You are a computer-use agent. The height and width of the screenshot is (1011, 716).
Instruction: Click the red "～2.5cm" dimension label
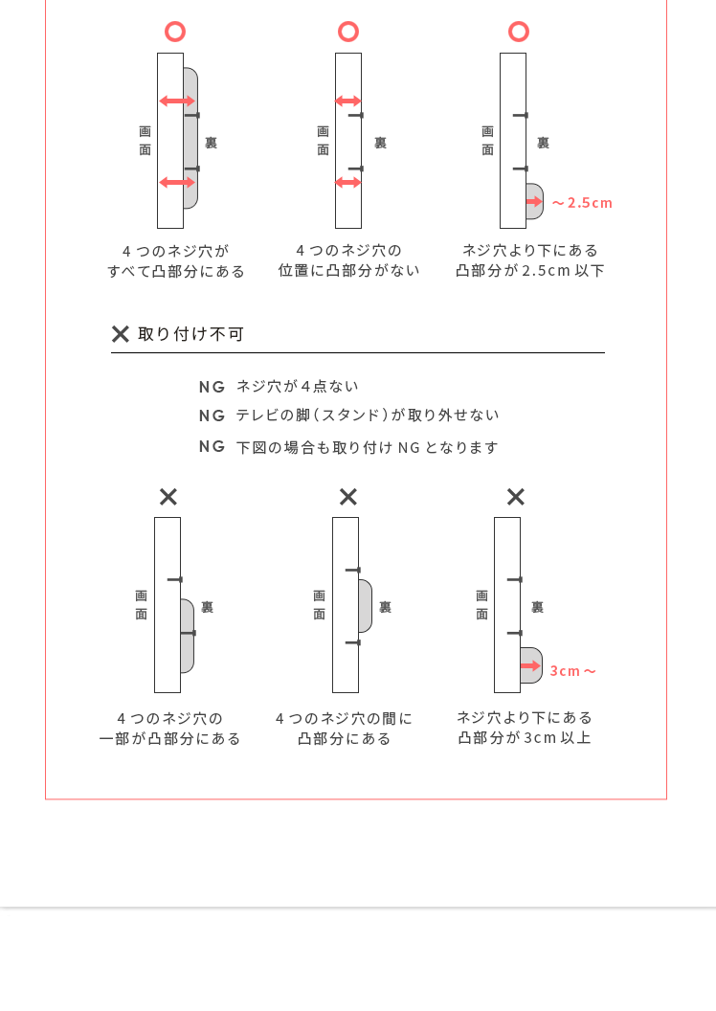(x=582, y=203)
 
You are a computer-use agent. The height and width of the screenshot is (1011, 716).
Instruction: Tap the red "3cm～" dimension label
(x=573, y=671)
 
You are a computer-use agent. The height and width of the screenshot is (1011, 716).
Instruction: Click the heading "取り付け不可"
(x=190, y=334)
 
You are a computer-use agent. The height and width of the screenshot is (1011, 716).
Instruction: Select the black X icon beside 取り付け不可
(x=121, y=334)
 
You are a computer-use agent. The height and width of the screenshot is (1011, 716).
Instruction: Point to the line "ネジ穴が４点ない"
(x=297, y=386)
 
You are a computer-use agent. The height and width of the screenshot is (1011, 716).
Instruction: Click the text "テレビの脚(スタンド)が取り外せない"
(x=368, y=416)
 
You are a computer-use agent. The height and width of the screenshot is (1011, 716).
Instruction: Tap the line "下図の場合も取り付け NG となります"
(x=368, y=447)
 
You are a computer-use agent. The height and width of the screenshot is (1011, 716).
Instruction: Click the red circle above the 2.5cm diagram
(x=519, y=32)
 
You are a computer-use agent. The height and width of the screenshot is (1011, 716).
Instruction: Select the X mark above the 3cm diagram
(x=516, y=497)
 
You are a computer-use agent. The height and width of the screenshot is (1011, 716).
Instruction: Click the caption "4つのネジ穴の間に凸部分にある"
(x=344, y=729)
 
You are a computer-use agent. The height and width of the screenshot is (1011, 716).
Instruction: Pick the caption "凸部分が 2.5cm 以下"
(x=529, y=271)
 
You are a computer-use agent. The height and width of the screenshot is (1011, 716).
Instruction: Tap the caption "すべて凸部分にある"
(x=176, y=272)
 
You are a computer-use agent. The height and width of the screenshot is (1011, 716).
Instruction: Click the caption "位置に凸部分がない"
(x=348, y=270)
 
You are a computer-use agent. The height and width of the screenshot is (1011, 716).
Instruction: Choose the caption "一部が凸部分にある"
(x=169, y=739)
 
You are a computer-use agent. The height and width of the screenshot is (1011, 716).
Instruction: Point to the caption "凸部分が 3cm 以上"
(x=525, y=737)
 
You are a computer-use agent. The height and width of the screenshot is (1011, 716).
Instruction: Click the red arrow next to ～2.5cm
(x=534, y=202)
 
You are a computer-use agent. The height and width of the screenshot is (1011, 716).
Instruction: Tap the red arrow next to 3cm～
(x=531, y=665)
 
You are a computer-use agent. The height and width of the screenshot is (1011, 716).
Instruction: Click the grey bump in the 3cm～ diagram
(x=531, y=665)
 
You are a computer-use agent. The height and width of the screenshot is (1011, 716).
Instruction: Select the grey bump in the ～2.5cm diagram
(x=534, y=201)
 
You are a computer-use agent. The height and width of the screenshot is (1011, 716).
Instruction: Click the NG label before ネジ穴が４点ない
(x=213, y=387)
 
